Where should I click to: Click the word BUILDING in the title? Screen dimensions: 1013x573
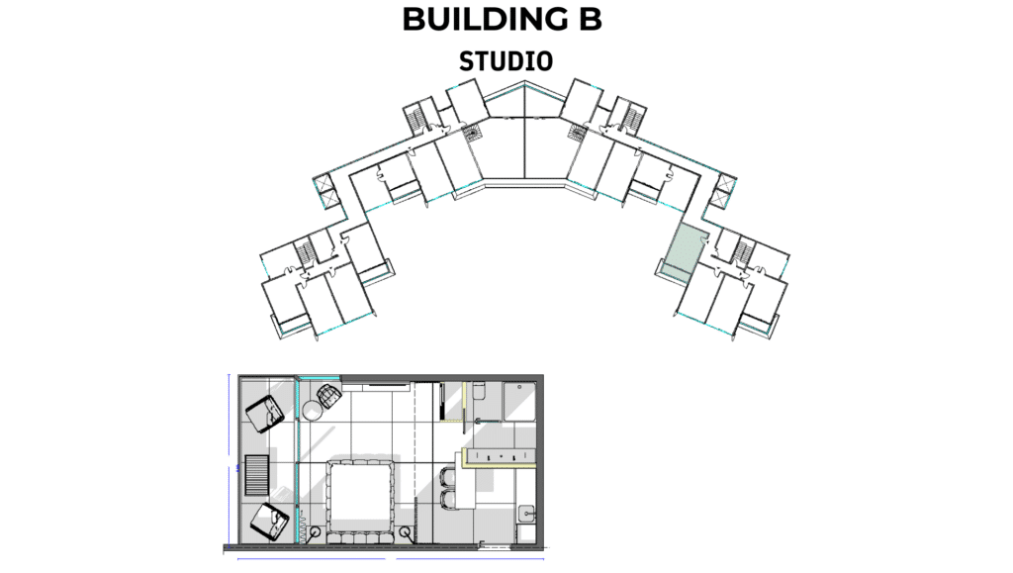coord(483,19)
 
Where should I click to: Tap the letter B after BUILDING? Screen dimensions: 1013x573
coord(591,19)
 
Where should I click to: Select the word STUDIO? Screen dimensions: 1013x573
coord(506,61)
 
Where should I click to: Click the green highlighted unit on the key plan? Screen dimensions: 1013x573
coord(683,251)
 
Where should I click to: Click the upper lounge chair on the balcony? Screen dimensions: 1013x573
coord(264,414)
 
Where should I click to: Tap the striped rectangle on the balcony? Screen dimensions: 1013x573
coord(256,475)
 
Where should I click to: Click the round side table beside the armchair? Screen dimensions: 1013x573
coord(312,411)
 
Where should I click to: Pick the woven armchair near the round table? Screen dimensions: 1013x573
coord(328,395)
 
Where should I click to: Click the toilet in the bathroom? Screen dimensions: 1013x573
coord(479,391)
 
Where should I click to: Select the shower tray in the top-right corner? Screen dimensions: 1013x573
coord(519,401)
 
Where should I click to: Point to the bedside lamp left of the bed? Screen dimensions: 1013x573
coord(315,533)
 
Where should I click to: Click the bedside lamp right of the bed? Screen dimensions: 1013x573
coord(405,533)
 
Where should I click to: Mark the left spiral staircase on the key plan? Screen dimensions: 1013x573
coord(474,133)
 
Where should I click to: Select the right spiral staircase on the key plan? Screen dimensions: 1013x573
coord(577,133)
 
